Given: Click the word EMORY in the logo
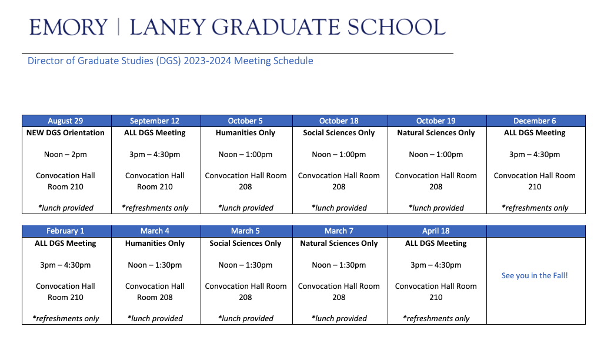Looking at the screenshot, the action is (x=69, y=27).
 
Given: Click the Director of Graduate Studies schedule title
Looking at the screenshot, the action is (x=171, y=61).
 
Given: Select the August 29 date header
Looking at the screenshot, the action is (x=65, y=121).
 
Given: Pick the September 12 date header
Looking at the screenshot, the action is (x=155, y=121).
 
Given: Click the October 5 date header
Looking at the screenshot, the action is (x=245, y=121).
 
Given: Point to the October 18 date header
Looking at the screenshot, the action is (x=339, y=121).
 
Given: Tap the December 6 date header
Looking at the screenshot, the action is (x=535, y=121).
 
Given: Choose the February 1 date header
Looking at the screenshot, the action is (x=65, y=231).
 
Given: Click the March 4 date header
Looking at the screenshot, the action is (x=155, y=231).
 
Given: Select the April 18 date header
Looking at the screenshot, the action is (x=436, y=231).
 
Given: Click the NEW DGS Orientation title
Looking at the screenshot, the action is (x=65, y=133).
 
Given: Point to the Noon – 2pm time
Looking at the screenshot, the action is (x=65, y=154).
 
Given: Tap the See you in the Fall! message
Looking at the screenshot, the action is (x=535, y=275).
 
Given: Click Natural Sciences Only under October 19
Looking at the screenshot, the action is (x=436, y=133).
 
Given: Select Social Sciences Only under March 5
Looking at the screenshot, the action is (x=245, y=244).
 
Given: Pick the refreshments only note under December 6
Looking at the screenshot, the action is (x=535, y=208).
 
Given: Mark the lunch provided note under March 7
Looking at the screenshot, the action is (x=339, y=318).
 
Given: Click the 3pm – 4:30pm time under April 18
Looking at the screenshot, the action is (x=436, y=265).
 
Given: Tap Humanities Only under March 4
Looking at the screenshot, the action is (x=155, y=244).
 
